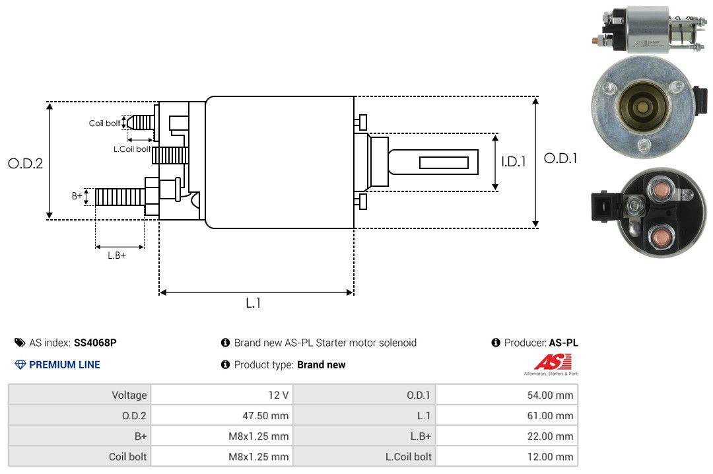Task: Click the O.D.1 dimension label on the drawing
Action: (560, 158)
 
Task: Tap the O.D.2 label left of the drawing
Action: (25, 164)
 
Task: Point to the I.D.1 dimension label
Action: (513, 161)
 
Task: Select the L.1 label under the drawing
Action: (254, 303)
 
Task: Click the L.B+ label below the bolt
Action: (117, 255)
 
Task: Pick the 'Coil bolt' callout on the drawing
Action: (104, 123)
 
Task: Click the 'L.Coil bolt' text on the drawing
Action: (133, 149)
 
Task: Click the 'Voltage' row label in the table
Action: (129, 395)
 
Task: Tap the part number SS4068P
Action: (95, 343)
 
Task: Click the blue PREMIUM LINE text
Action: (65, 364)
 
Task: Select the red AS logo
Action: (548, 362)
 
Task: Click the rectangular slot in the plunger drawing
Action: (444, 162)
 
